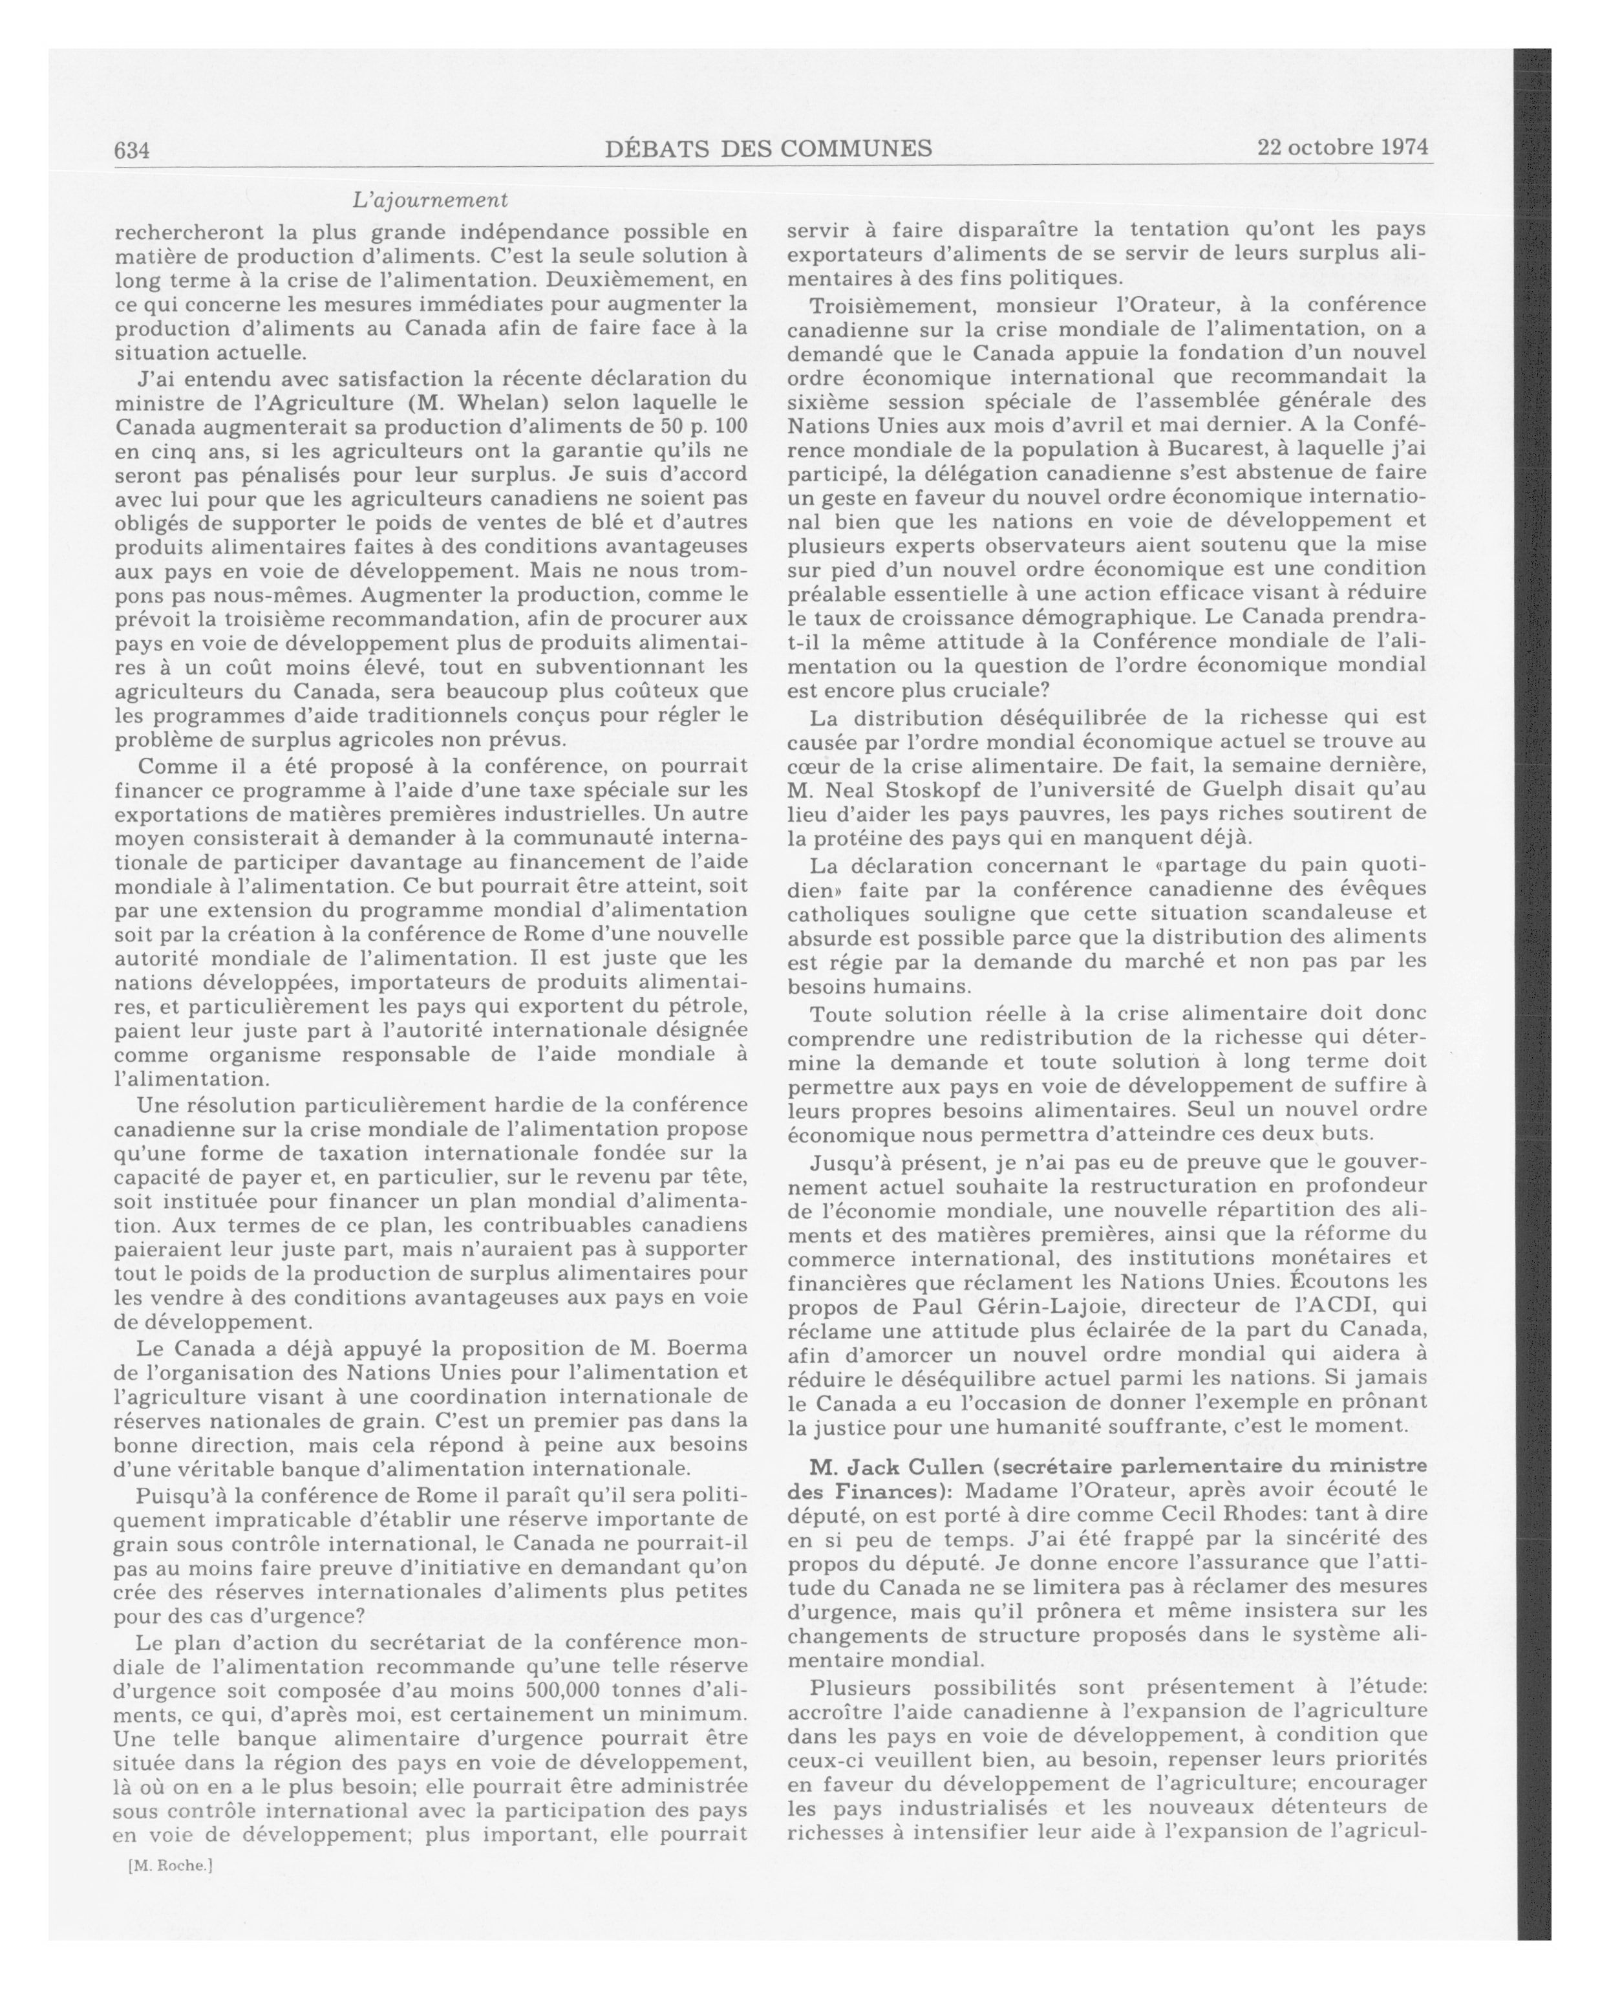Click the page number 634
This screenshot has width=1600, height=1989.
[132, 151]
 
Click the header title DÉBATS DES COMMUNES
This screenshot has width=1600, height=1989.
[768, 149]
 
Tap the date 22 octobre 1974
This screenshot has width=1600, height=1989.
[1342, 147]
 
